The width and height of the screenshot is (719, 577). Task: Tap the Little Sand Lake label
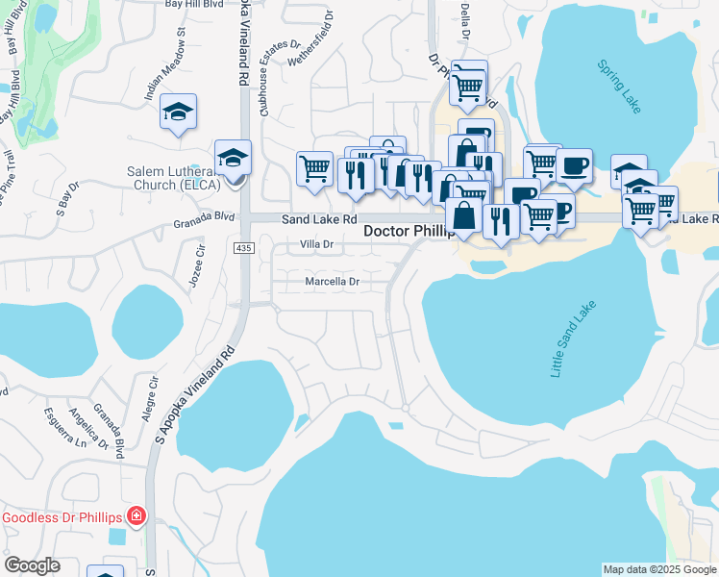coord(574,339)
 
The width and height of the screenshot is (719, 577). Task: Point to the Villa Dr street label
coord(316,245)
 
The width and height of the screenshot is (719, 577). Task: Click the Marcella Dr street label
coord(332,282)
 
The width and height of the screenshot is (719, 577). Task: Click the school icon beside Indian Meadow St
coord(178,113)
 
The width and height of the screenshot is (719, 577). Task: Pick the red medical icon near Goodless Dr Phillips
coord(136,517)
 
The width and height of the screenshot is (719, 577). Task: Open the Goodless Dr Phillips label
coord(62,518)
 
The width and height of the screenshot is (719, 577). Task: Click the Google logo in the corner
coord(31,565)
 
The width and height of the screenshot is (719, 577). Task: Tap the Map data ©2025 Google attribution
coord(659,569)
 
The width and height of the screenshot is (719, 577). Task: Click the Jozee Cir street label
coord(199,262)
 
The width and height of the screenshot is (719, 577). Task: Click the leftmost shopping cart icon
coord(314,168)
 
